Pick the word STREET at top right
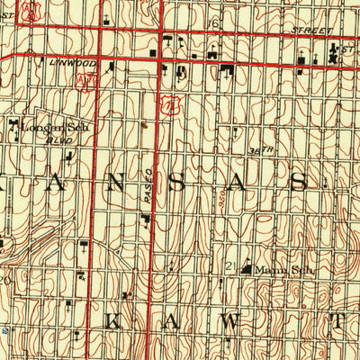pyautogui.click(x=306, y=29)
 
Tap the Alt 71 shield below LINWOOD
pyautogui.click(x=86, y=80)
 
